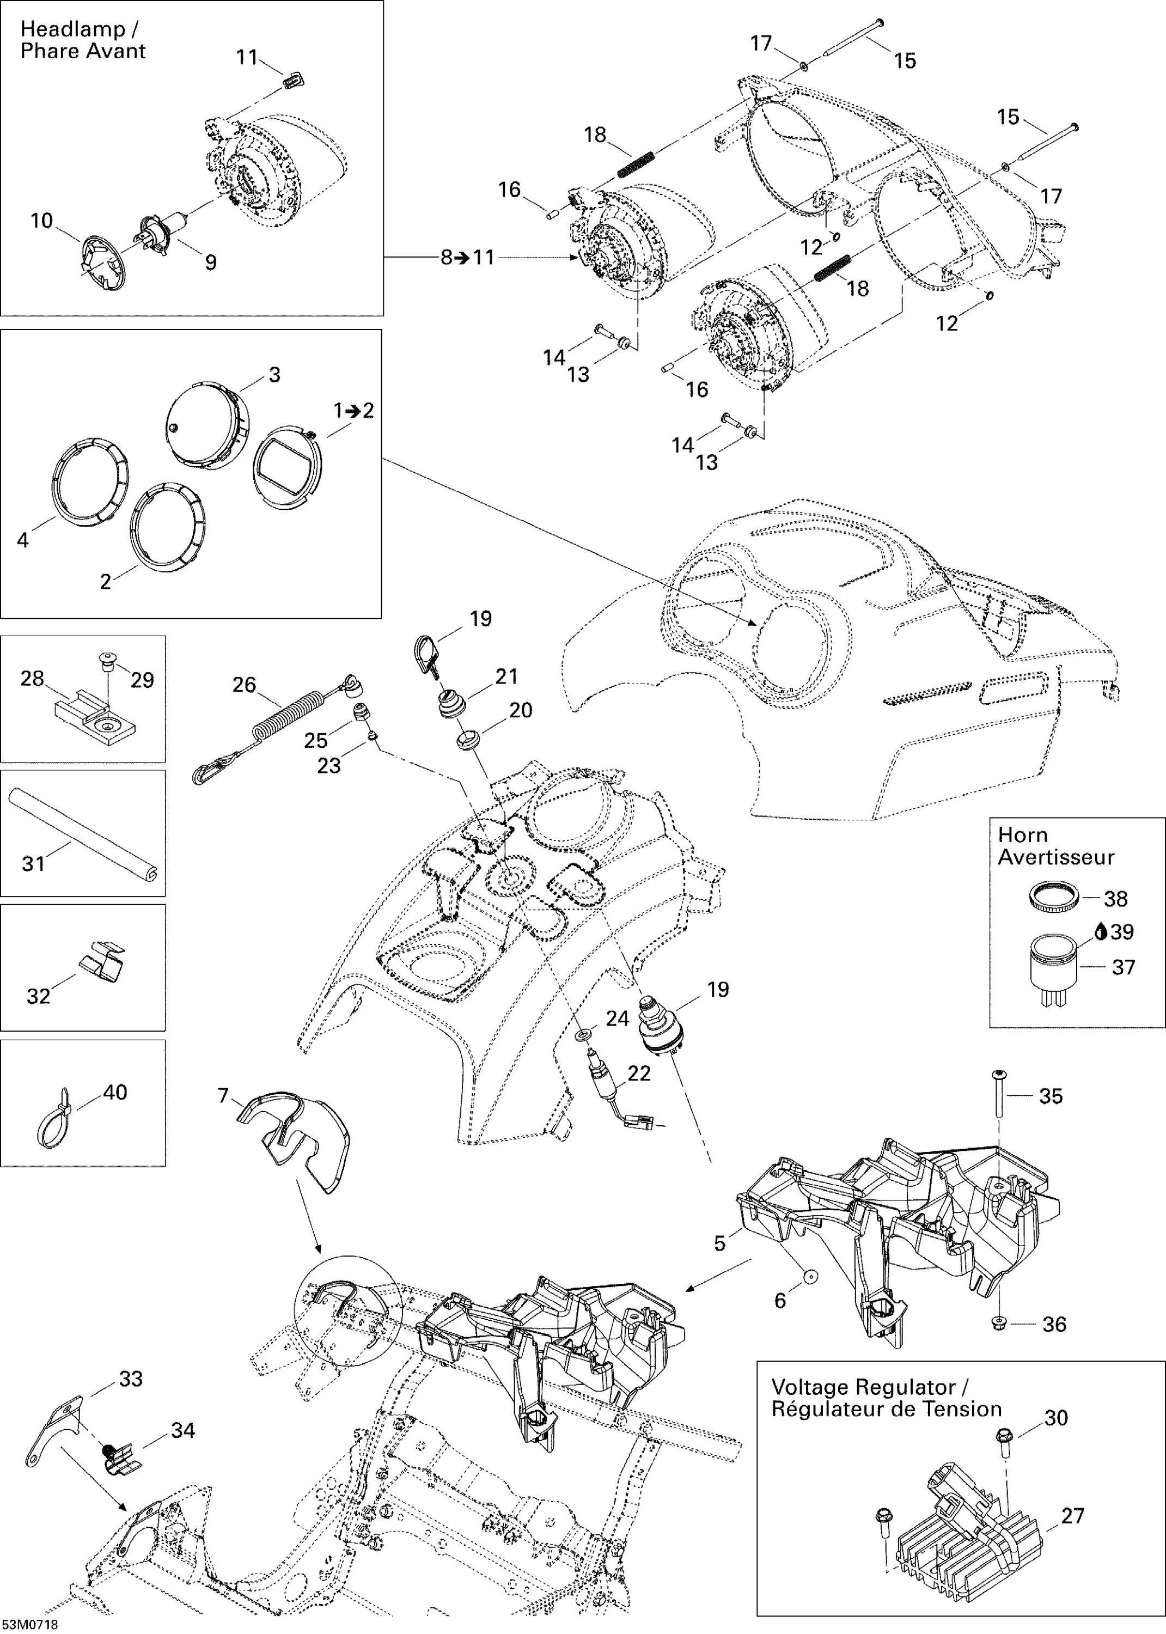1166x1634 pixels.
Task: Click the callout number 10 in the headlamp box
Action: coord(41,221)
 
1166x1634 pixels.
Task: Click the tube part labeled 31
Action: coord(83,833)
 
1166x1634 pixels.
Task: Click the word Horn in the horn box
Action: coord(1022,835)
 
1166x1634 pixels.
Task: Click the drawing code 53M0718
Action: coord(30,1625)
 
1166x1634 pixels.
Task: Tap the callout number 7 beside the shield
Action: coord(223,1095)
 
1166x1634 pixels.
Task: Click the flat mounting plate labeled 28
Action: coord(95,721)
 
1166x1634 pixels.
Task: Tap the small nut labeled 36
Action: coord(999,1322)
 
